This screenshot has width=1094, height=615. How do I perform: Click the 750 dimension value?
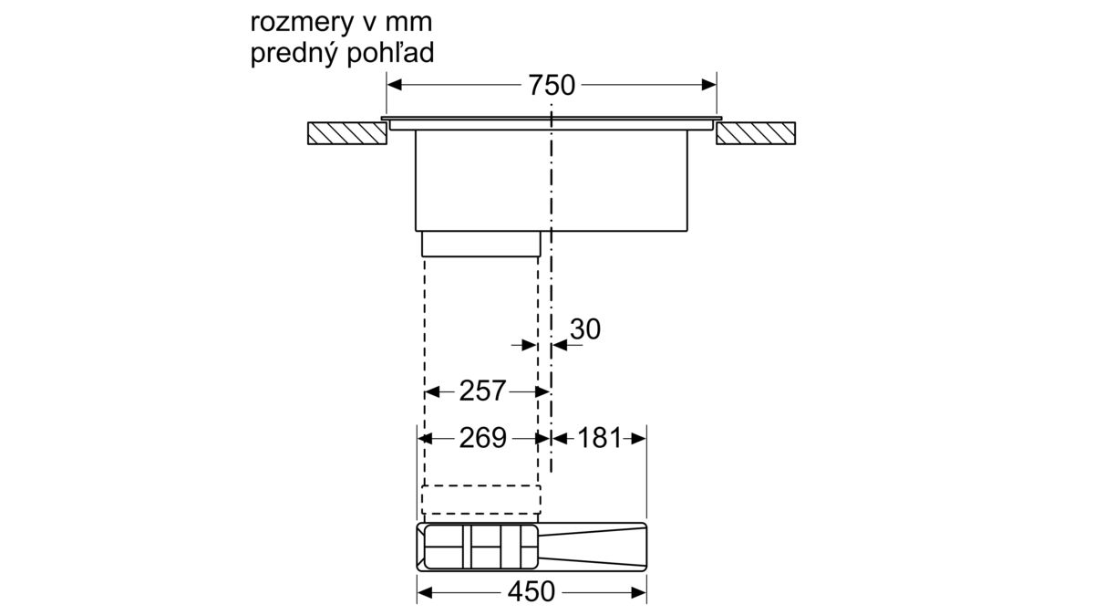click(552, 85)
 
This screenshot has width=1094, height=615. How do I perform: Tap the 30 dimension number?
click(585, 329)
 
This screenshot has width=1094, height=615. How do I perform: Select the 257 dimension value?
click(482, 391)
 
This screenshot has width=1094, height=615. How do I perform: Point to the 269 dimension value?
click(482, 438)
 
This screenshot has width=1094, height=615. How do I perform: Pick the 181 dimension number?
click(600, 438)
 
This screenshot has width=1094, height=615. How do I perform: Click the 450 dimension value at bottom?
click(532, 592)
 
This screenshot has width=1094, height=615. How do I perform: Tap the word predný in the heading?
click(294, 54)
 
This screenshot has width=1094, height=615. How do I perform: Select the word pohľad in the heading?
click(390, 52)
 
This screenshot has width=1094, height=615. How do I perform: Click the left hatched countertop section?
click(347, 133)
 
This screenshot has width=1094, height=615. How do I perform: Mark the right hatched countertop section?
click(756, 133)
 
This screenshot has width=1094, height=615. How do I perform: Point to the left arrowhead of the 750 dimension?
click(394, 85)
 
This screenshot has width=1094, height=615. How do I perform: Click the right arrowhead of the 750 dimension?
click(709, 85)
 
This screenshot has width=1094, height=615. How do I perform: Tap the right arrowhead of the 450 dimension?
click(639, 593)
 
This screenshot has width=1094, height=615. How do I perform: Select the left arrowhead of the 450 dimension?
click(425, 593)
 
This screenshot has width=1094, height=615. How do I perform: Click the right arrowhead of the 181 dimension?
click(638, 439)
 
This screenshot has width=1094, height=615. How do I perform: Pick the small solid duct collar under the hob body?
click(481, 244)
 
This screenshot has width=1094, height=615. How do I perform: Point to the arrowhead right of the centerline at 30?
click(560, 345)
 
